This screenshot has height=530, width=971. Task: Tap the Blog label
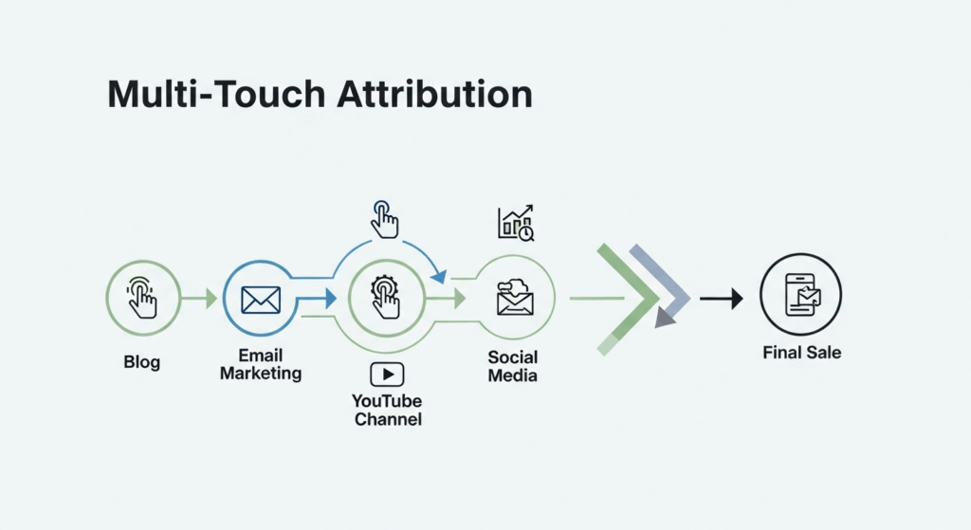pos(142,361)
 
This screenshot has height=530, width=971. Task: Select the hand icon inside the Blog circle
pos(142,298)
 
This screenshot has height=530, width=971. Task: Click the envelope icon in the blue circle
pos(261,300)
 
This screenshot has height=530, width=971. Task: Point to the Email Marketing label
pos(261,365)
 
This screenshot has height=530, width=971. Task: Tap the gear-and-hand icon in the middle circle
pos(386,298)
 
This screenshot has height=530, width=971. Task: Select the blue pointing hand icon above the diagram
pos(384,219)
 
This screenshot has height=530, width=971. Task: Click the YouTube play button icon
pos(387,375)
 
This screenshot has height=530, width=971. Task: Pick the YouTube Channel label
pos(387,410)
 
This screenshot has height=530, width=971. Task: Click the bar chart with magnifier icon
pos(515,223)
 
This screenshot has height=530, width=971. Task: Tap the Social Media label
pos(513,366)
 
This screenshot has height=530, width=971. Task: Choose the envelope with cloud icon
pos(515,298)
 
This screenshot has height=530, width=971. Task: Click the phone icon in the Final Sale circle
pos(801,296)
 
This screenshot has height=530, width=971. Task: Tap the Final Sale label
pos(801,353)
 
